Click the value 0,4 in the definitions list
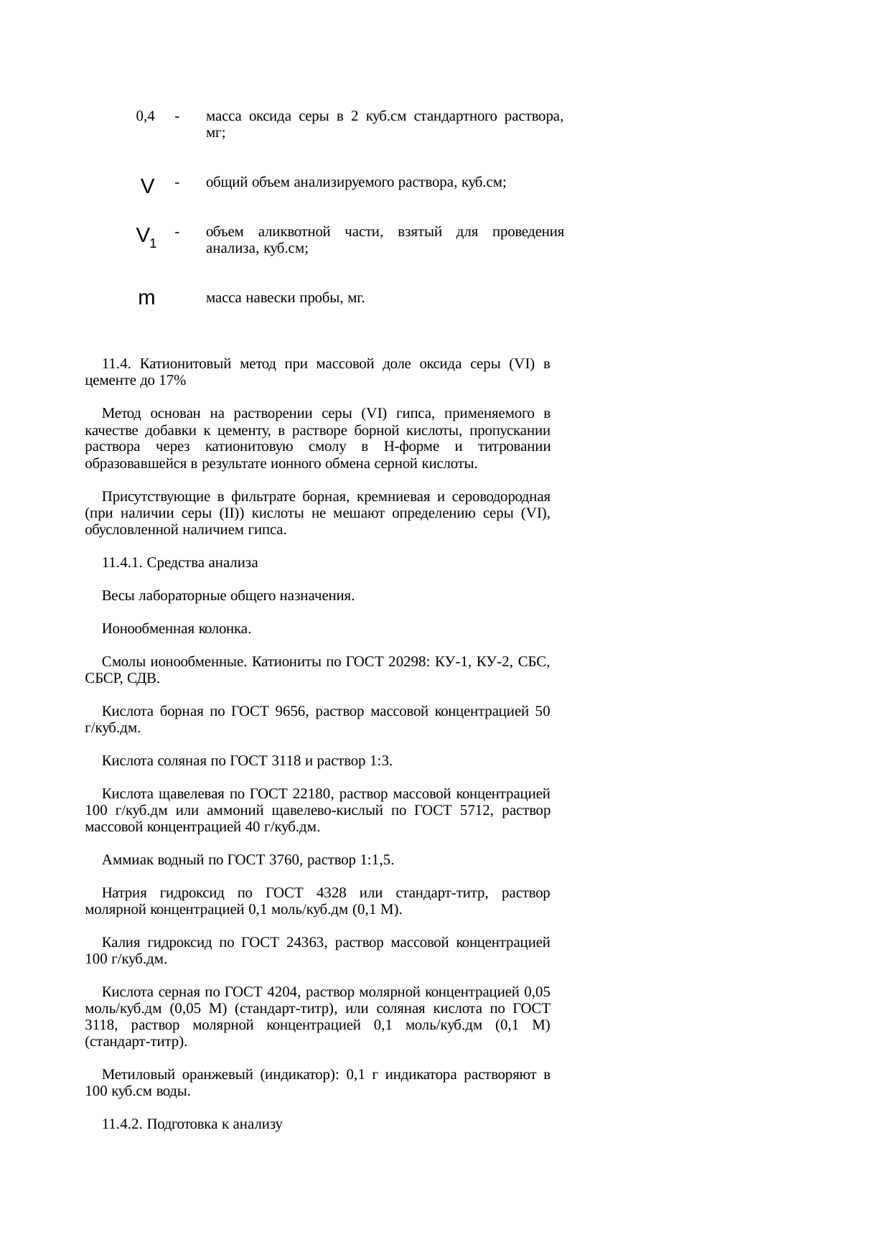pos(146,116)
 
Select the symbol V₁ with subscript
pos(146,236)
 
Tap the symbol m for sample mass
pos(146,298)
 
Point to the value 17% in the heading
pos(172,381)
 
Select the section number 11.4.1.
pos(123,563)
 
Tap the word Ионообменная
pos(144,629)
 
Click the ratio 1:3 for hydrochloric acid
pos(379,761)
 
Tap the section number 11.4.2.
pos(123,1124)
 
